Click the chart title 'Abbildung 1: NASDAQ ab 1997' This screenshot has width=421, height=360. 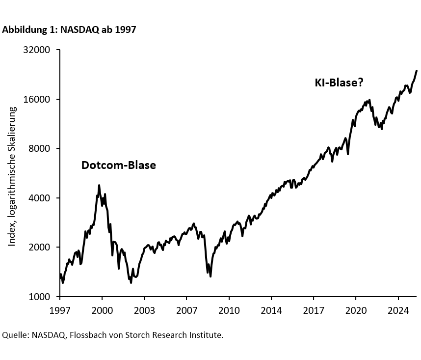[69, 29]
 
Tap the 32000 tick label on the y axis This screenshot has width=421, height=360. [37, 50]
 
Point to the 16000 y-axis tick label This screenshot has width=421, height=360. [37, 99]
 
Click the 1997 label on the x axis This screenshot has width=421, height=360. [59, 311]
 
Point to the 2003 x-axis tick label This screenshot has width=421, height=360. [144, 311]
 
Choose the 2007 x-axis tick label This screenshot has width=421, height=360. [186, 311]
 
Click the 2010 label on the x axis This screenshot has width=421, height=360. [229, 311]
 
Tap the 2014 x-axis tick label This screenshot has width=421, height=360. [271, 311]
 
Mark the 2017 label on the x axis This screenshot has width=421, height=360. [314, 311]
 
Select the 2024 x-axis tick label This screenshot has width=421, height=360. [398, 311]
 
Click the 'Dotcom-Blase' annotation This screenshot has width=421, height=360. [118, 166]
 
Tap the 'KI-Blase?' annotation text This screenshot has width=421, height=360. [339, 83]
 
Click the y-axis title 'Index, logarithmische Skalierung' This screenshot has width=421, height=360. [12, 176]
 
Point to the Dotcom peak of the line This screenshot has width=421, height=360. [99, 186]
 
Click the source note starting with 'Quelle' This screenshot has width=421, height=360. [113, 335]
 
